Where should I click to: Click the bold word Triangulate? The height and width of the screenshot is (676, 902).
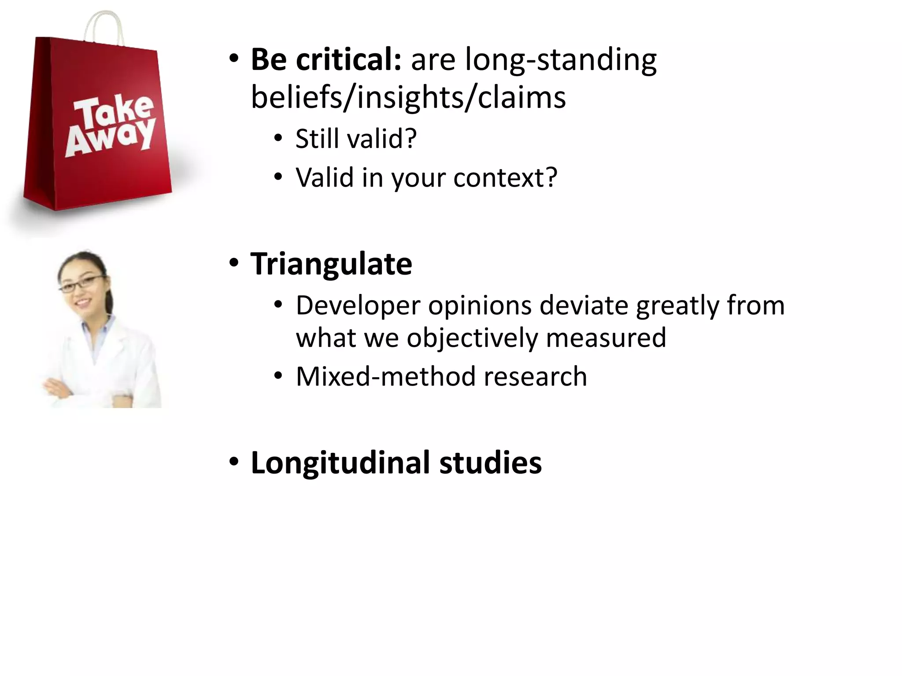point(331,264)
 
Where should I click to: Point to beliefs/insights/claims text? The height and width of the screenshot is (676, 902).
point(408,98)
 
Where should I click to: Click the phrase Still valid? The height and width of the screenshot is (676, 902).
point(356,139)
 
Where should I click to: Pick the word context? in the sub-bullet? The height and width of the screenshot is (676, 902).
point(505,178)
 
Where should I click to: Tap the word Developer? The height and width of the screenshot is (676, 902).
point(358,305)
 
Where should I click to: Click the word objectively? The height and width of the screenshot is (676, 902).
point(472,338)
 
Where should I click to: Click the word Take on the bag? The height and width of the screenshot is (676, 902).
point(114,110)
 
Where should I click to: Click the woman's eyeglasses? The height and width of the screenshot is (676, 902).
point(81,284)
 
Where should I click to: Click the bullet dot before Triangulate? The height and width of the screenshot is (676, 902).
point(234,263)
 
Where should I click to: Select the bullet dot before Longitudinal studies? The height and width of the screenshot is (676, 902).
point(234,462)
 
